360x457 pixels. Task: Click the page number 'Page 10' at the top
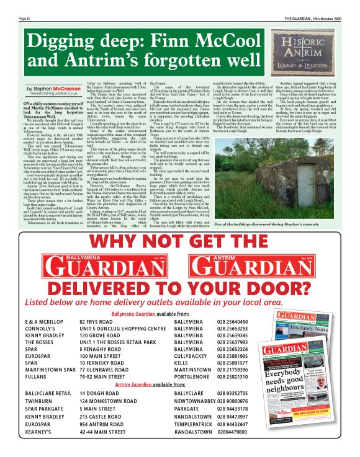[25, 19]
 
